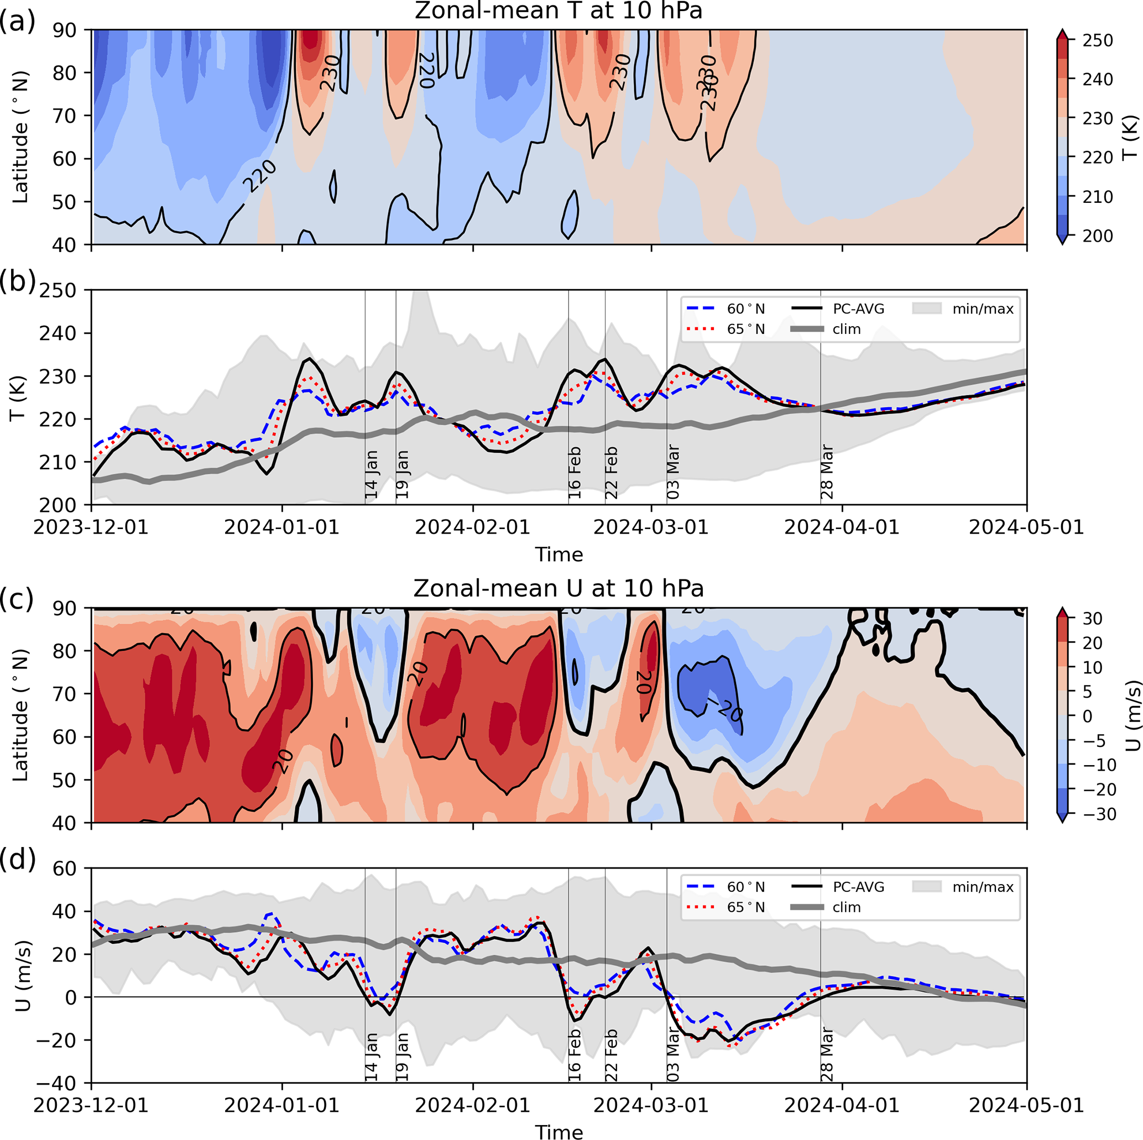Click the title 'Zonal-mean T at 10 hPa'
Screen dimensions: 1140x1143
(x=559, y=11)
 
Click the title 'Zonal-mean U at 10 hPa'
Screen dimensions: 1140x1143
(x=559, y=589)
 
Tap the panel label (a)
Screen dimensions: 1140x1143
(x=17, y=23)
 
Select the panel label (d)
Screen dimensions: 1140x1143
(x=17, y=859)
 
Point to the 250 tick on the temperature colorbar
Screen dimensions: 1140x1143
(x=1098, y=40)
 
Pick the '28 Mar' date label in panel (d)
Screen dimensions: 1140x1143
(x=827, y=1055)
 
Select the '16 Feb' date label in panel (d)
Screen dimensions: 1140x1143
(x=575, y=1055)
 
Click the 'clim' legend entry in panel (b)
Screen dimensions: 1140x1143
(x=846, y=330)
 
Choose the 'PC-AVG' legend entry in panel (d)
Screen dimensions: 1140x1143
(x=858, y=887)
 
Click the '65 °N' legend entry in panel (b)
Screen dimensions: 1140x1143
(x=745, y=330)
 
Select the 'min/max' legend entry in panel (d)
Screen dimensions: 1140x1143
(x=983, y=887)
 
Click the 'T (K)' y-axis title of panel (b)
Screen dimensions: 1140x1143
(x=18, y=398)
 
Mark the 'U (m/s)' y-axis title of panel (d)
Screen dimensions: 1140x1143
(x=23, y=976)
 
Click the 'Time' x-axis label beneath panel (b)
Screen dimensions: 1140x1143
(x=559, y=555)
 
